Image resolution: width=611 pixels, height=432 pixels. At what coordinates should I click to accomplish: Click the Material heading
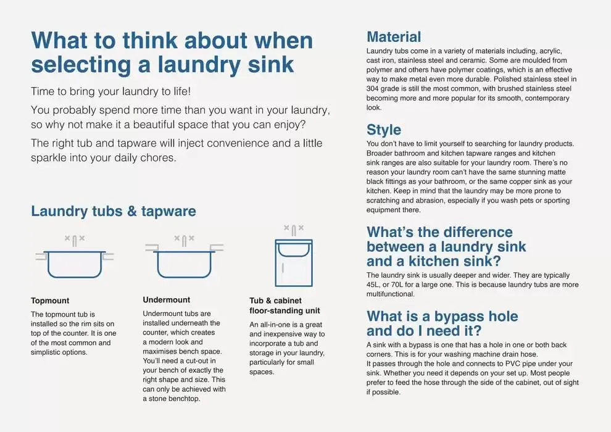coord(394,37)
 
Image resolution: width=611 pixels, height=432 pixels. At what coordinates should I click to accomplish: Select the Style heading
coord(384,130)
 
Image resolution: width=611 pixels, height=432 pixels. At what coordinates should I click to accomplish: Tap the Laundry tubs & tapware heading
coord(114,211)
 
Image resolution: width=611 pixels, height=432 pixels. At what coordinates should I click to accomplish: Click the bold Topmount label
coord(50,301)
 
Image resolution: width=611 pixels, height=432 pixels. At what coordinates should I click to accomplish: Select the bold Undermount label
coord(167,300)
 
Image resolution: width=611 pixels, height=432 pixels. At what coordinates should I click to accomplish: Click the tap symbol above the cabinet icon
coord(294,230)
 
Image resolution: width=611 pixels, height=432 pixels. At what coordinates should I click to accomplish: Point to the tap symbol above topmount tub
coord(75,239)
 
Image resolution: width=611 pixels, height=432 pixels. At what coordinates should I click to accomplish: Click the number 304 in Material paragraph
coord(374,88)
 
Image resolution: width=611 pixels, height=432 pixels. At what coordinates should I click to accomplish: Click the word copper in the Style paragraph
coord(521,181)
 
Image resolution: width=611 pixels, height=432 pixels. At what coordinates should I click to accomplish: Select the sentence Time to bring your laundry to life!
coord(111,91)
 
